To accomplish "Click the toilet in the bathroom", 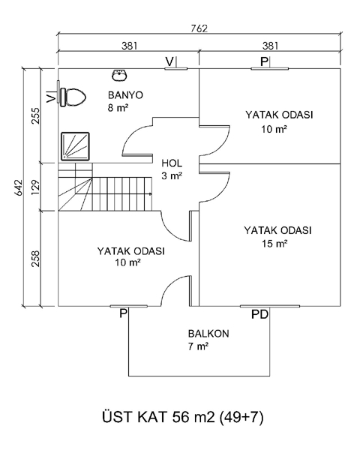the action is pyautogui.click(x=73, y=97).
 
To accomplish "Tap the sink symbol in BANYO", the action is pyautogui.click(x=119, y=75).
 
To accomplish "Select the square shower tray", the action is pyautogui.click(x=75, y=146).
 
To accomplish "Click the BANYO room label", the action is pyautogui.click(x=125, y=95).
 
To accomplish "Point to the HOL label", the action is pyautogui.click(x=172, y=163).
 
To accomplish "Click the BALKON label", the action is pyautogui.click(x=208, y=334).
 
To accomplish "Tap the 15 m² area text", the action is pyautogui.click(x=274, y=244).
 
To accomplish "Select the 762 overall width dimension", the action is pyautogui.click(x=199, y=28).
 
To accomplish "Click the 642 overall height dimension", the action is pyautogui.click(x=18, y=187).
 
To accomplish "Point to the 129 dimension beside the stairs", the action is pyautogui.click(x=35, y=187).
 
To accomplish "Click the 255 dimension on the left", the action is pyautogui.click(x=35, y=115).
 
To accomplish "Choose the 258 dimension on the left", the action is pyautogui.click(x=35, y=259).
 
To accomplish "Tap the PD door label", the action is pyautogui.click(x=259, y=314).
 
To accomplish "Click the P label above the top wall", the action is pyautogui.click(x=264, y=61).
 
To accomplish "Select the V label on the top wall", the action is pyautogui.click(x=169, y=61).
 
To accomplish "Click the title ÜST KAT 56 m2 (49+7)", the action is pyautogui.click(x=182, y=417).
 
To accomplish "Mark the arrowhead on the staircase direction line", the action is pyautogui.click(x=150, y=194).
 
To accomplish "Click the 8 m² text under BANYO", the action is pyautogui.click(x=118, y=108).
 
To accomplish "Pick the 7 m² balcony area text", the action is pyautogui.click(x=198, y=346).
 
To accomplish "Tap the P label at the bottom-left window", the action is pyautogui.click(x=123, y=313).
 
